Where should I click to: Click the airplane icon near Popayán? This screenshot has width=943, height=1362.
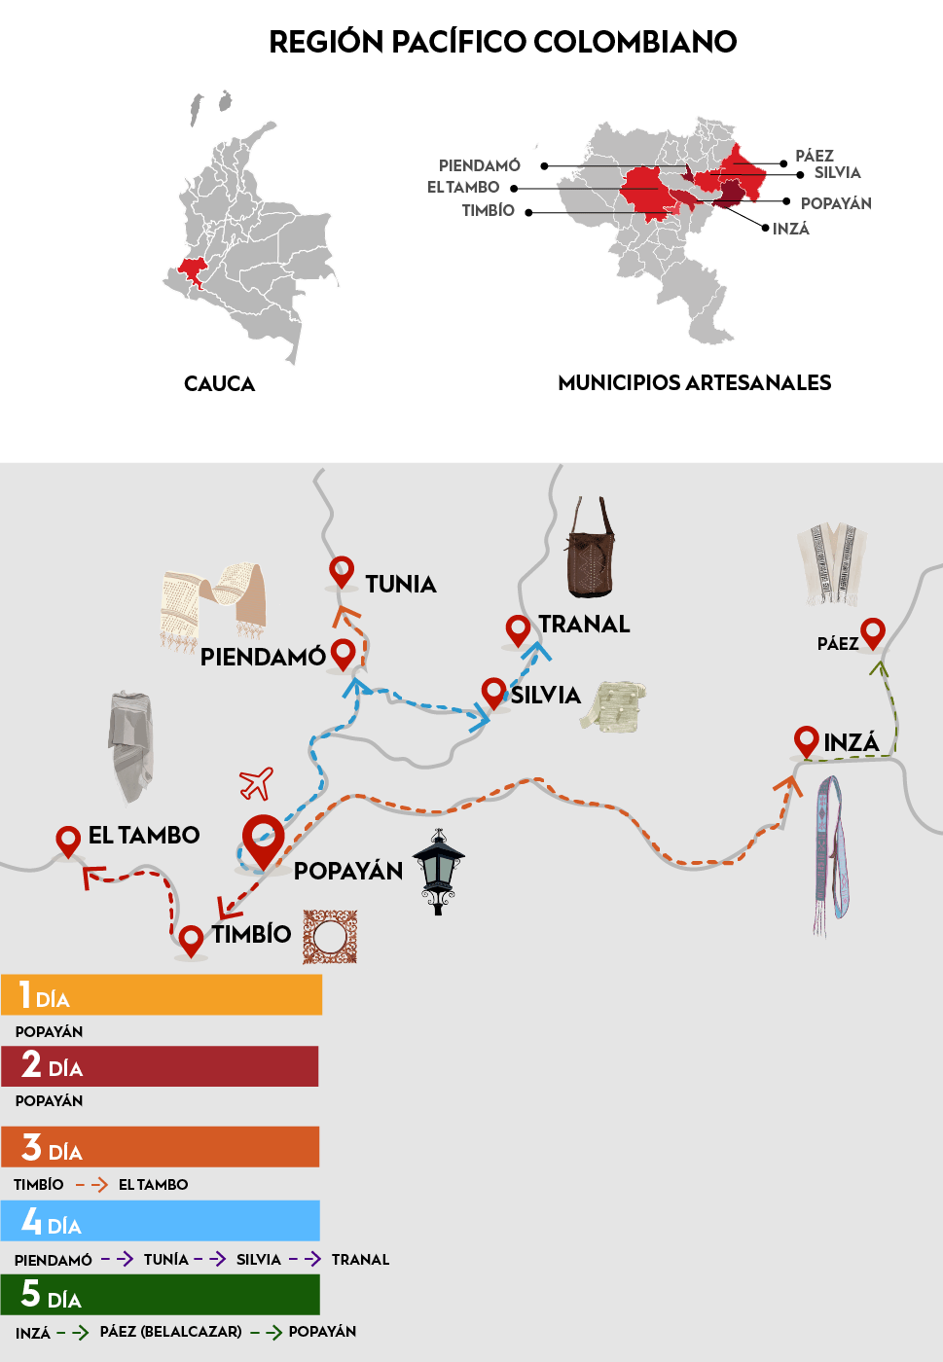tap(256, 782)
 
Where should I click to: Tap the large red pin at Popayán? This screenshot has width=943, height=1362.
tap(263, 839)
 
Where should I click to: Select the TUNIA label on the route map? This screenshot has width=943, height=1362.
tap(401, 584)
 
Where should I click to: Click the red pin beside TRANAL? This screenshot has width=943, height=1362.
tap(518, 629)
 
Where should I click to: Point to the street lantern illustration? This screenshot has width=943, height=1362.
tap(439, 871)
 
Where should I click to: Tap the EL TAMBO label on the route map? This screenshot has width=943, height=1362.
tap(144, 835)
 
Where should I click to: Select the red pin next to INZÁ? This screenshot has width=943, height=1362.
tap(806, 741)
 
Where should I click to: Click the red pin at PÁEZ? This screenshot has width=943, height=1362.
tap(873, 633)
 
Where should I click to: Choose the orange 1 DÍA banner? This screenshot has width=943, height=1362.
tap(162, 995)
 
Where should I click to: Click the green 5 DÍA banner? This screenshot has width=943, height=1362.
tap(161, 1295)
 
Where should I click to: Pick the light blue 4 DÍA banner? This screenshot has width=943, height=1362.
tap(161, 1221)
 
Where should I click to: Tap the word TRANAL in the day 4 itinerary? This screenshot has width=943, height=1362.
tap(360, 1259)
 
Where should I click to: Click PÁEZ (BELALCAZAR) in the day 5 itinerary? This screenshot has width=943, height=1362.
tap(171, 1331)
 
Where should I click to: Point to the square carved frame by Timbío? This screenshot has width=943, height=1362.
tap(330, 937)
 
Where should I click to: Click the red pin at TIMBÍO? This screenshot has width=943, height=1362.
tap(192, 939)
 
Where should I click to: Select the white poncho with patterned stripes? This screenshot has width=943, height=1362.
tap(831, 563)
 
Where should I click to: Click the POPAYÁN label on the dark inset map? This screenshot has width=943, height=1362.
tap(836, 203)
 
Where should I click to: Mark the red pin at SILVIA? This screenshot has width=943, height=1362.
tap(494, 693)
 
